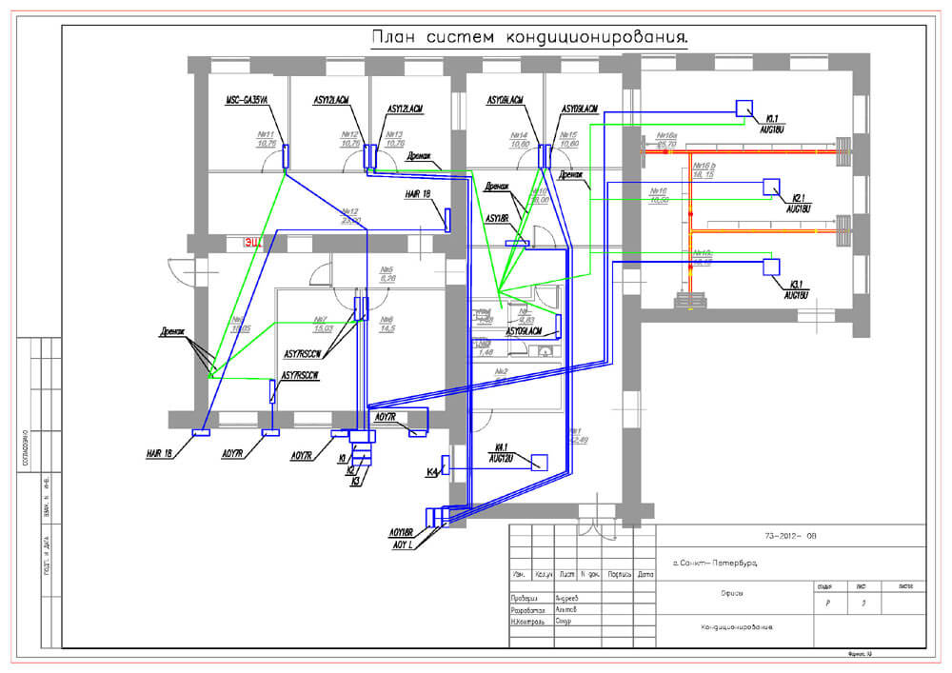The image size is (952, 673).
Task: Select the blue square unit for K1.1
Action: pyautogui.click(x=744, y=108)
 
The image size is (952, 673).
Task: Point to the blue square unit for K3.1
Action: pyautogui.click(x=772, y=267)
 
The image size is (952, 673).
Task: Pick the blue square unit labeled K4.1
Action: pyautogui.click(x=539, y=463)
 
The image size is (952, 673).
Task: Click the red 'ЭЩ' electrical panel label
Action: pyautogui.click(x=252, y=243)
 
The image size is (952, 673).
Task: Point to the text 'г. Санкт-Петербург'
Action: pyautogui.click(x=714, y=564)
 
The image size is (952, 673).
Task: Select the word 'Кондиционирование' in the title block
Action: pyautogui.click(x=737, y=628)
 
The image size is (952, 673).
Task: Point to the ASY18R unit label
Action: pyautogui.click(x=498, y=219)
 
